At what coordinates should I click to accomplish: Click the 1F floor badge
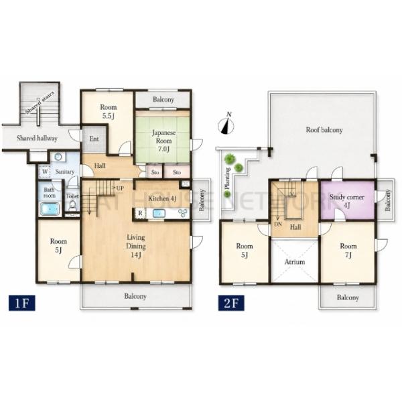(x=22, y=303)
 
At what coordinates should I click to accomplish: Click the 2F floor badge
(x=231, y=303)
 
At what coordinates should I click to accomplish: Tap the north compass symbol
(x=226, y=124)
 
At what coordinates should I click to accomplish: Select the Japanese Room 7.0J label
(x=164, y=141)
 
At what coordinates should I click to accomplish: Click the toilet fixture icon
(x=72, y=206)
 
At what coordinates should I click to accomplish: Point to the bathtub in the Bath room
(x=50, y=209)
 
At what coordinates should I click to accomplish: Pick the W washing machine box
(x=45, y=171)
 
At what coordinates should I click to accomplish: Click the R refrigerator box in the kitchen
(x=140, y=213)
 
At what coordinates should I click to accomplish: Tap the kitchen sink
(x=159, y=213)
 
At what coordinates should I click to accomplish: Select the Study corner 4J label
(x=347, y=201)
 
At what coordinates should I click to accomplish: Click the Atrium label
(x=295, y=262)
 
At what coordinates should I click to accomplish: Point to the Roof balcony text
(x=324, y=130)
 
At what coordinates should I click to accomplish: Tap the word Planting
(x=227, y=178)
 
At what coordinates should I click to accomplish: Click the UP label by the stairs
(x=120, y=188)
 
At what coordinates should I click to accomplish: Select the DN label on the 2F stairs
(x=278, y=224)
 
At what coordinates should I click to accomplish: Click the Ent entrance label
(x=94, y=139)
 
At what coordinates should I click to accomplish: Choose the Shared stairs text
(x=40, y=103)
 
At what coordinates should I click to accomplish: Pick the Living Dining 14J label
(x=136, y=246)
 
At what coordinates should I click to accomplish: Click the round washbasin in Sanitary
(x=58, y=157)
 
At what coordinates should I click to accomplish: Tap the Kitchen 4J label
(x=162, y=198)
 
